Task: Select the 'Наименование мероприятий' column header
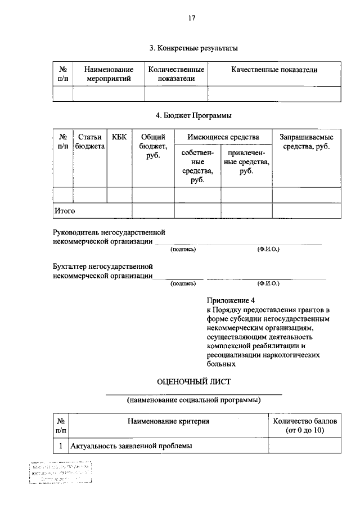click(x=109, y=74)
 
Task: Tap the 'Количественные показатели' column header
click(x=176, y=74)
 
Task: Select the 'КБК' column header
click(x=119, y=137)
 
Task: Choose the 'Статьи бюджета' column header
click(x=90, y=142)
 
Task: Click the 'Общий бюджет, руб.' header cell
click(x=152, y=146)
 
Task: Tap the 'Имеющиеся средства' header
click(x=223, y=137)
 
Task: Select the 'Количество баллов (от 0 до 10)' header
click(x=304, y=426)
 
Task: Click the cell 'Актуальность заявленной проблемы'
click(x=131, y=446)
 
